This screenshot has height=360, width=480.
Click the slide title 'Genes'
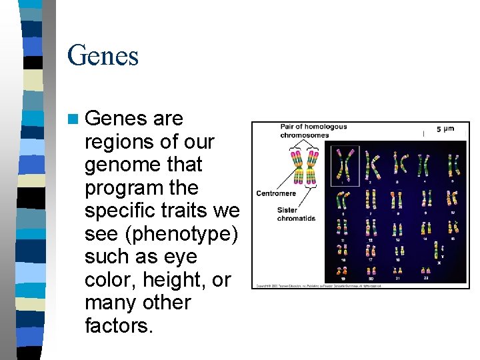click(103, 55)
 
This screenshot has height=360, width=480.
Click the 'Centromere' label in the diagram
click(276, 194)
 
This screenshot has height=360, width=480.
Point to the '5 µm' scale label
click(445, 129)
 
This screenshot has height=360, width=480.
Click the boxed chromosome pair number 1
click(345, 164)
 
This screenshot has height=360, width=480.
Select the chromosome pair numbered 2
click(374, 164)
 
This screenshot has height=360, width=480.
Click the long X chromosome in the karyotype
click(437, 249)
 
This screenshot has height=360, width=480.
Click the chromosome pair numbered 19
click(343, 269)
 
